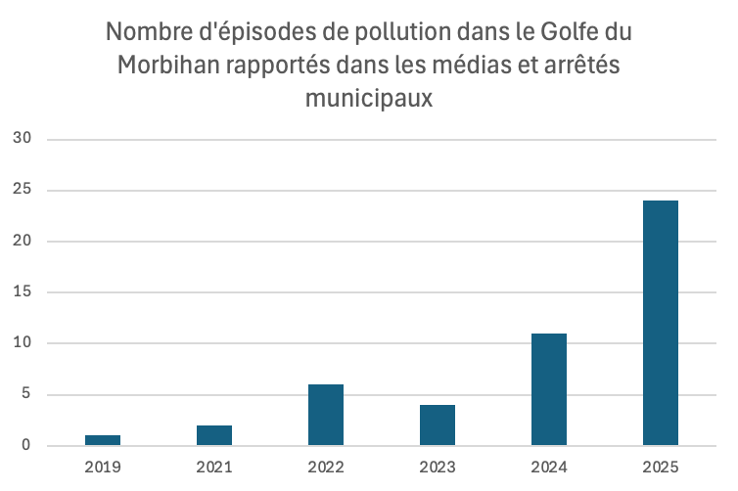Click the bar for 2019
pos(103,440)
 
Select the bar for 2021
pos(214,435)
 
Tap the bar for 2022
pos(326,415)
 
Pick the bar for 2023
pos(438,425)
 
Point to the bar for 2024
pos(549,389)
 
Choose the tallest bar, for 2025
pos(661,323)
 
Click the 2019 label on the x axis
pos(103,467)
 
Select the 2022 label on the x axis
pos(326,467)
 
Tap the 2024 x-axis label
pos(549,467)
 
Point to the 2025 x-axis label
pos(661,467)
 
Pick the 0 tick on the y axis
pos(27,446)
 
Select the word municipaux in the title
pos(369,98)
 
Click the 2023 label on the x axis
pos(438,467)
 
